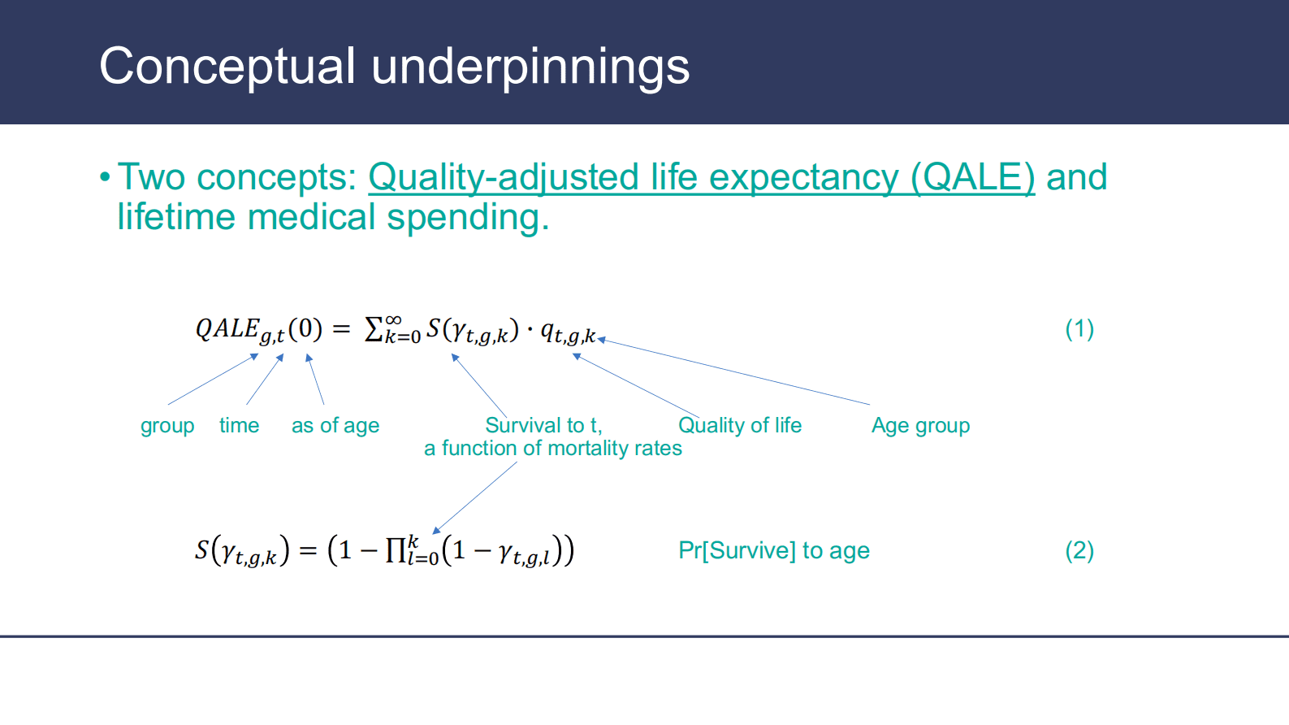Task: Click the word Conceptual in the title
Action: click(227, 68)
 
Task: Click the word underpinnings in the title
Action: click(530, 68)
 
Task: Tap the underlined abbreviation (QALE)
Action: click(973, 177)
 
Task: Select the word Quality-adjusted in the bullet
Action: click(504, 177)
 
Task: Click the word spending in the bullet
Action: click(468, 219)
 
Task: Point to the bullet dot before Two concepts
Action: click(105, 177)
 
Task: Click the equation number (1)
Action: click(1079, 329)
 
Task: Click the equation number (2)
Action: click(1079, 550)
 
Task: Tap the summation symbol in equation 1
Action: click(374, 330)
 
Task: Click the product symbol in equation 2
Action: click(396, 550)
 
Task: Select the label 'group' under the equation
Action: click(167, 426)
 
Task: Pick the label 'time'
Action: click(240, 426)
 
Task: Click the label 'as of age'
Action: click(335, 426)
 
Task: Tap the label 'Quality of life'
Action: click(740, 426)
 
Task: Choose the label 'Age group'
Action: click(921, 426)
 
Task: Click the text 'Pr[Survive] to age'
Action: click(774, 550)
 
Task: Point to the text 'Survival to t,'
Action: click(544, 426)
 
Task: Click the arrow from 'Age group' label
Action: click(733, 371)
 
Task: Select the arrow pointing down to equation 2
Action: click(474, 498)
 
